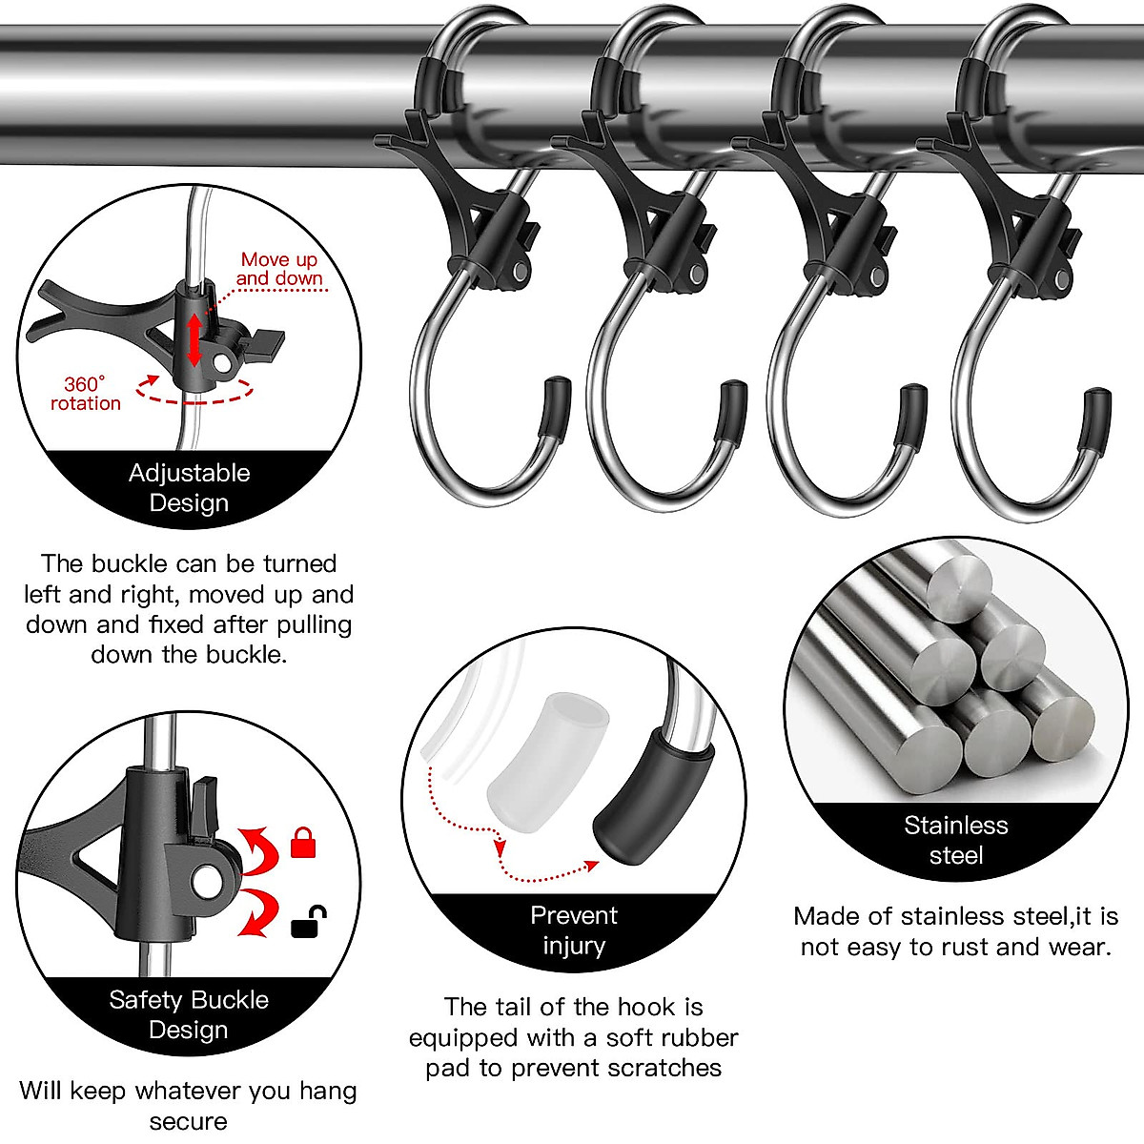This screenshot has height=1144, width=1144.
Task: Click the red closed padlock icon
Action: pos(303,843)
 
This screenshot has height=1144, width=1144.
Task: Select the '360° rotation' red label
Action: pos(86,394)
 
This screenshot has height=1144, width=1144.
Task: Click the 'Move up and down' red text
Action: pos(279,269)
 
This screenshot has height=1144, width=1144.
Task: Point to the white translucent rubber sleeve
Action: pos(548,764)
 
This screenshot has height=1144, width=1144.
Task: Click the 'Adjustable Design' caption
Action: pos(189,487)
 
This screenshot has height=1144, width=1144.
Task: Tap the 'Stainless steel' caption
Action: pos(955,840)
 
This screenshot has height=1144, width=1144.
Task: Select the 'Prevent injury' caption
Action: pos(573,929)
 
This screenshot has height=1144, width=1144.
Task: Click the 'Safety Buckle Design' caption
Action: pos(189,1014)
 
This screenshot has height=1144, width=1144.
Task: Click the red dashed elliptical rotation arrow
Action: pos(195,391)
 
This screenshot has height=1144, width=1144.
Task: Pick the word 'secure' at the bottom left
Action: pos(188,1121)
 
